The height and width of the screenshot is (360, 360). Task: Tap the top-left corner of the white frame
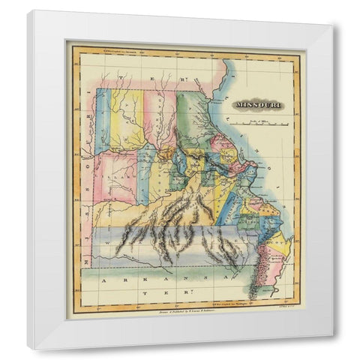[28, 11]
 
